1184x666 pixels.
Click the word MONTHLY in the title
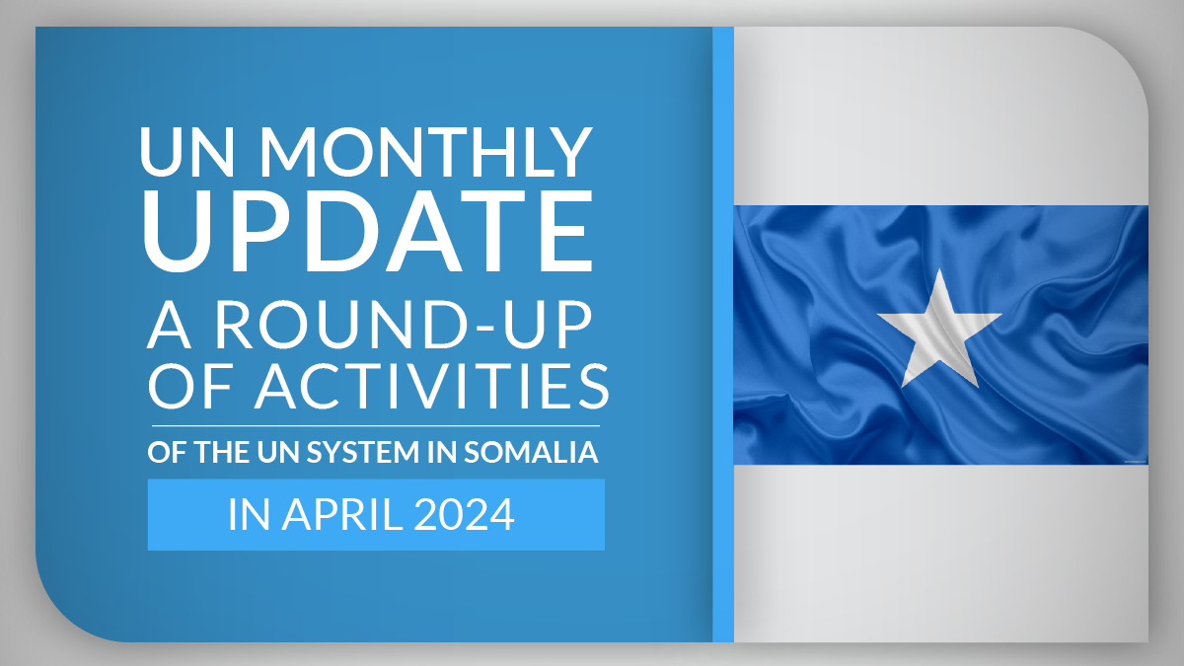(x=426, y=152)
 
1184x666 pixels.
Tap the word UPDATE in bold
(x=368, y=230)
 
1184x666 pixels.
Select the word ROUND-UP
(x=404, y=325)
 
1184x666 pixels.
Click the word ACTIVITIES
(x=432, y=387)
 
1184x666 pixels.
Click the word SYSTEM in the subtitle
(x=363, y=452)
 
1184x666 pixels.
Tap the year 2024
(x=464, y=514)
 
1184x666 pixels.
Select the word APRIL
(x=342, y=514)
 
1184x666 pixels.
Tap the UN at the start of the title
(x=186, y=152)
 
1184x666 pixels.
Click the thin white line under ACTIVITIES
(x=376, y=425)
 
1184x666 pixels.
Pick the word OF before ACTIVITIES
(x=189, y=387)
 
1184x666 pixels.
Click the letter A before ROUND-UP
(x=169, y=325)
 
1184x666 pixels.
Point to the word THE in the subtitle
(x=221, y=452)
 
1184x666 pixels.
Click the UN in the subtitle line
(x=278, y=452)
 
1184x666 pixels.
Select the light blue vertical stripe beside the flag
(x=723, y=334)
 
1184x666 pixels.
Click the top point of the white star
(x=939, y=269)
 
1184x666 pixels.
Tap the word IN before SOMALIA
(x=442, y=452)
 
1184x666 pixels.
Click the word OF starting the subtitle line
(x=167, y=452)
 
